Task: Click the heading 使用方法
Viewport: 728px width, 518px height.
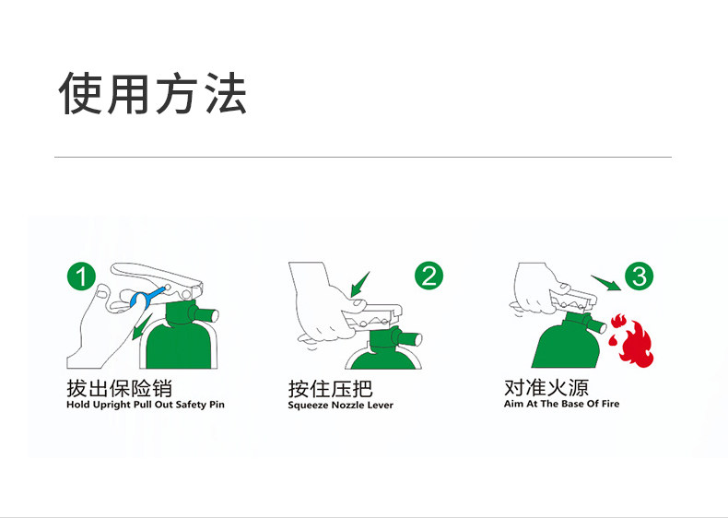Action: [x=153, y=94]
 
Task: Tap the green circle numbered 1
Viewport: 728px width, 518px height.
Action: [x=82, y=276]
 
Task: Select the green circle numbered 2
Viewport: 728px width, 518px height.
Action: [x=429, y=275]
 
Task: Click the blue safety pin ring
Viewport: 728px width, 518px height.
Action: [x=144, y=299]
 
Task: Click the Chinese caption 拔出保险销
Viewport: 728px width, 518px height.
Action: [x=119, y=387]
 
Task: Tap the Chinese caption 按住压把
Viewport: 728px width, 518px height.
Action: [x=330, y=388]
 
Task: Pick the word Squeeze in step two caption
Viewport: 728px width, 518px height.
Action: [x=308, y=406]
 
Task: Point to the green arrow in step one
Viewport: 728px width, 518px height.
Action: [x=142, y=325]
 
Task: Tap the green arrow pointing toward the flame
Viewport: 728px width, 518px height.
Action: [x=605, y=280]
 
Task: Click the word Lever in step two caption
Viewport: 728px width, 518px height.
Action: [x=381, y=406]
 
